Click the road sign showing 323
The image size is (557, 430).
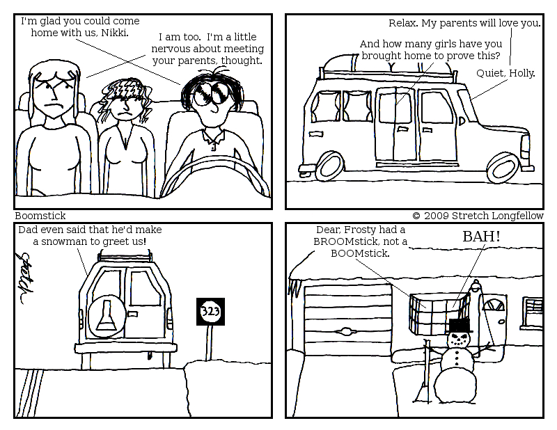(x=211, y=312)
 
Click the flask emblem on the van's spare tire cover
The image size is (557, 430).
(x=106, y=316)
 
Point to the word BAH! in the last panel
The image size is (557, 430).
(x=481, y=237)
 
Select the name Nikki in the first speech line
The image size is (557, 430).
(x=115, y=33)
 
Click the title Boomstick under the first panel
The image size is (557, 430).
(x=40, y=216)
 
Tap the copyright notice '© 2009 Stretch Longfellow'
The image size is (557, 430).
(x=478, y=216)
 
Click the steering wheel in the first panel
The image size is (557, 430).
(x=215, y=176)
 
